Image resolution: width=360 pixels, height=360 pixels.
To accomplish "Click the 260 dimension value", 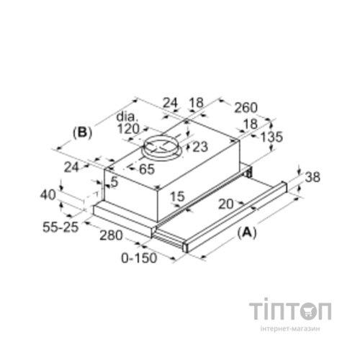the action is click(246, 108).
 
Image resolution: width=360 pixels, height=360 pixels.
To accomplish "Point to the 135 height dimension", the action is click(271, 138).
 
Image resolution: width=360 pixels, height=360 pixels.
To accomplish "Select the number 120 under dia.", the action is click(128, 129).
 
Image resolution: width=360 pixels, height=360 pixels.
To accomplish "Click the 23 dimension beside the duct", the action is click(199, 147).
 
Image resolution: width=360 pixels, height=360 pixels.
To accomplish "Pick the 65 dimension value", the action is click(147, 169).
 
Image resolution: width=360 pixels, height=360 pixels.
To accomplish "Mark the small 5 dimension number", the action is click(115, 182).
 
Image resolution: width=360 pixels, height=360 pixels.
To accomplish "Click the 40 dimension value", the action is click(48, 194).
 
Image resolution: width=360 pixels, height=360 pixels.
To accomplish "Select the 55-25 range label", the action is click(60, 227).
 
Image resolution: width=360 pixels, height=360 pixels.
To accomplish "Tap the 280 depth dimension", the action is click(111, 235).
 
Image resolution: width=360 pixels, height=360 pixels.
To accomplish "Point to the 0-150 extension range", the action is click(139, 258).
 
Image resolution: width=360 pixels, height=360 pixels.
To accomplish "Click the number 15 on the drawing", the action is click(177, 197).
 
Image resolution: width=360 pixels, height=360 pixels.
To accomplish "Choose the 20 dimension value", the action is click(226, 204).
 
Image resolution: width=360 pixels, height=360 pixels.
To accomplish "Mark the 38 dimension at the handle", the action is click(312, 177).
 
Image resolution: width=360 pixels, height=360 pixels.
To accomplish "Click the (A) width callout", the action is click(247, 233).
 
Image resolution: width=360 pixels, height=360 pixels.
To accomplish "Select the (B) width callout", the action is click(82, 132).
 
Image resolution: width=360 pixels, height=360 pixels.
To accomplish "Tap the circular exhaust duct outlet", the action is click(162, 148).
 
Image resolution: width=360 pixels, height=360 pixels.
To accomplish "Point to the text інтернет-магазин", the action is click(290, 329).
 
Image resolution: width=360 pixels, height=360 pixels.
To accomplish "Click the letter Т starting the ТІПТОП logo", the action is click(256, 311).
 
